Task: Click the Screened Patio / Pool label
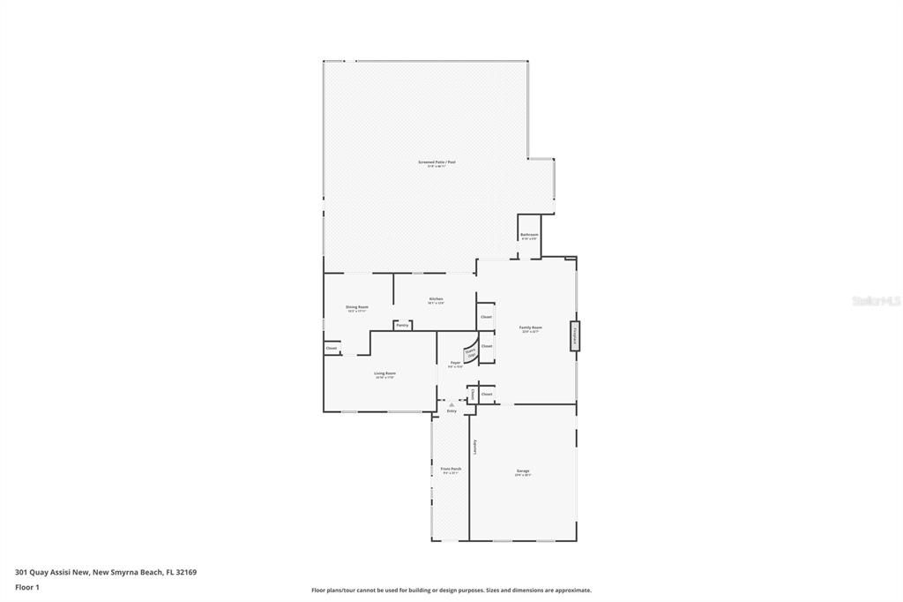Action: (437, 162)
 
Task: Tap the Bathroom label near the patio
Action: (529, 235)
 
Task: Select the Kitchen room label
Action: (436, 299)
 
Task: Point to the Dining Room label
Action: (357, 307)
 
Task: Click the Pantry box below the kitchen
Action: (402, 325)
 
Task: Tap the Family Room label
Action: (531, 327)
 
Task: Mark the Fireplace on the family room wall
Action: (575, 335)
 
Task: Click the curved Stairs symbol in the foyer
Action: (470, 352)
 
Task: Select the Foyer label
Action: (455, 363)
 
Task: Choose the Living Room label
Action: (384, 373)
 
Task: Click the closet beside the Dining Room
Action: (332, 349)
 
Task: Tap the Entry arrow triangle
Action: (451, 404)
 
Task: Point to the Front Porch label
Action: (451, 469)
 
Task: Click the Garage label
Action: (523, 470)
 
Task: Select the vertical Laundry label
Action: (474, 447)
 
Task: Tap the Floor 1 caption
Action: (27, 587)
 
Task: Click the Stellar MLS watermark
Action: (876, 301)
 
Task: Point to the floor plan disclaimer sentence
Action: (451, 591)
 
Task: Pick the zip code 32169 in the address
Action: (186, 572)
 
